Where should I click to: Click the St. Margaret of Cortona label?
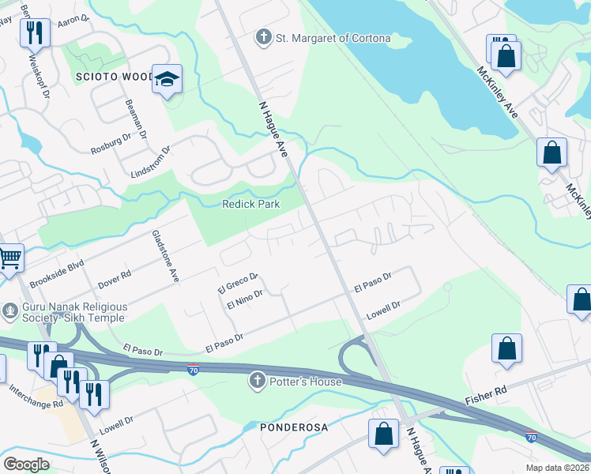tap(333, 38)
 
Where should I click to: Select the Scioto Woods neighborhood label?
tap(115, 77)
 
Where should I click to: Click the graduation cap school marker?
tap(168, 79)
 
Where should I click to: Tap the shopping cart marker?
tap(9, 257)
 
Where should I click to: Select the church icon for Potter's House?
tap(256, 382)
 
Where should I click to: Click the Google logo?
tap(27, 464)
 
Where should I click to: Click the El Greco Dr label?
tap(238, 283)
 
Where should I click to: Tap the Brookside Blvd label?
tap(57, 272)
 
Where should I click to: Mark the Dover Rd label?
tap(115, 279)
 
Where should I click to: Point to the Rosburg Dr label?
tap(111, 143)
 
